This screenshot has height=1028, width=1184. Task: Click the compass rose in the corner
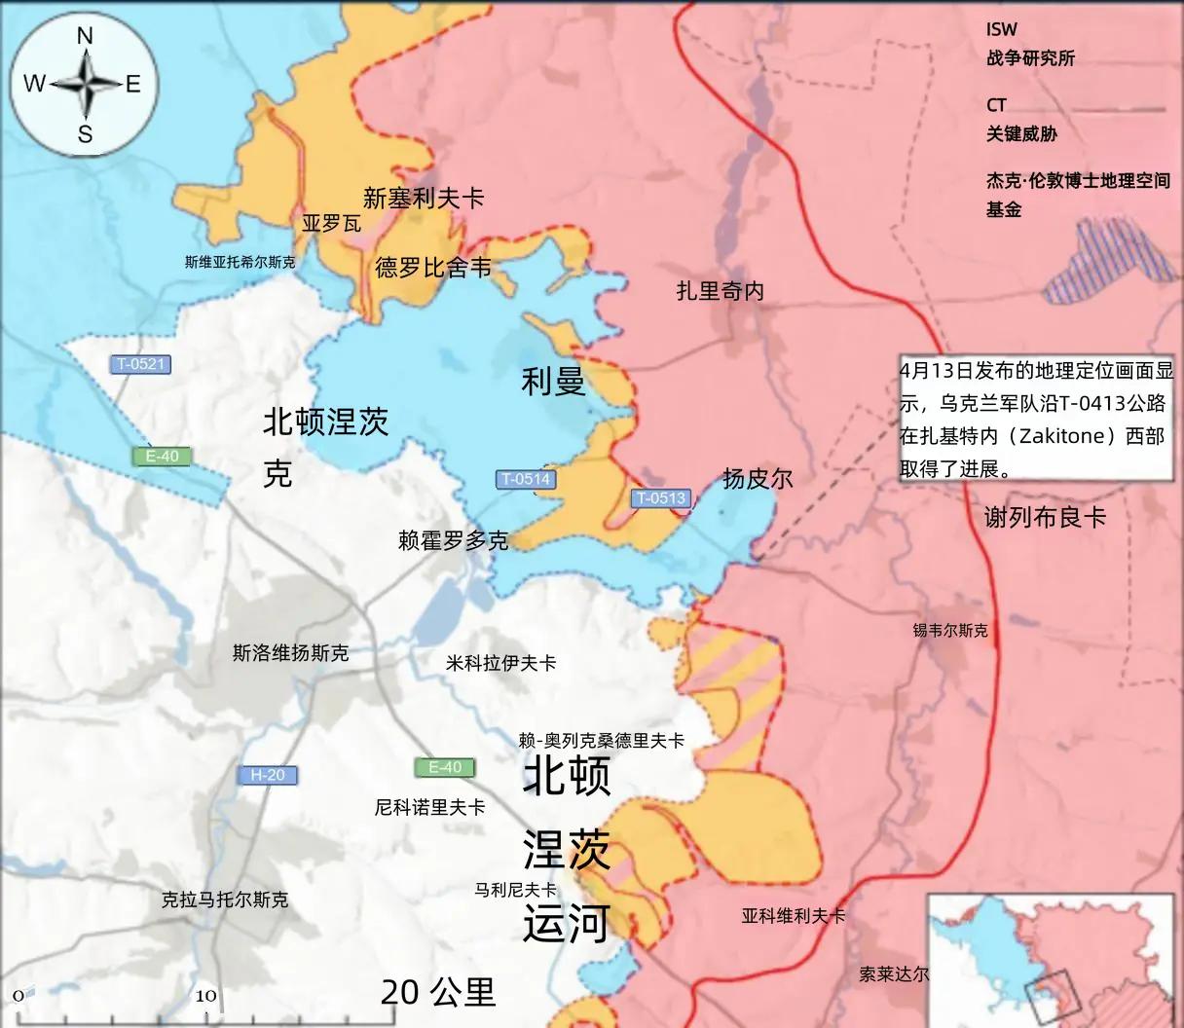coord(84,86)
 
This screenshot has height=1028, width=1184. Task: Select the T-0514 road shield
coord(526,479)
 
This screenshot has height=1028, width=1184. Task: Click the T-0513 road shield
coord(661,498)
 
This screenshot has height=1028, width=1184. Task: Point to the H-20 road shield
coord(268,775)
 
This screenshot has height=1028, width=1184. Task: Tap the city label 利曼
coord(553,381)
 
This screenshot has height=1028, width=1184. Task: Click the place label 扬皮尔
coord(758,478)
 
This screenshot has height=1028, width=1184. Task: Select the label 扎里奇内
coord(721,290)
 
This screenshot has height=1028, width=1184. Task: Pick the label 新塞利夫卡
coord(424,199)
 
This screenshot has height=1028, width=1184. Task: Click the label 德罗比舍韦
coord(433,267)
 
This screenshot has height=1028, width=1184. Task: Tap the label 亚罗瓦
coord(331,224)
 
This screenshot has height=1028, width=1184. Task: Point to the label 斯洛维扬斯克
coord(290,653)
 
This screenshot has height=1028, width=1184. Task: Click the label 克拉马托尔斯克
coord(225,899)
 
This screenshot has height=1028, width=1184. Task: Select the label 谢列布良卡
coord(1045,518)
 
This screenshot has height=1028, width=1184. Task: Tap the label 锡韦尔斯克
coord(949,631)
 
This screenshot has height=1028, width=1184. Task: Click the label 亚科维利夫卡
coord(793,916)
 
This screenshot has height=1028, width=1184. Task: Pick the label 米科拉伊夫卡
coord(500,663)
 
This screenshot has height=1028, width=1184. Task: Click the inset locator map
coord(1051,958)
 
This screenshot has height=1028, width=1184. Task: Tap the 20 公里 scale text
coord(438,992)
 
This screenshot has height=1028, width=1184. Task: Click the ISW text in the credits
coord(1001,30)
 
